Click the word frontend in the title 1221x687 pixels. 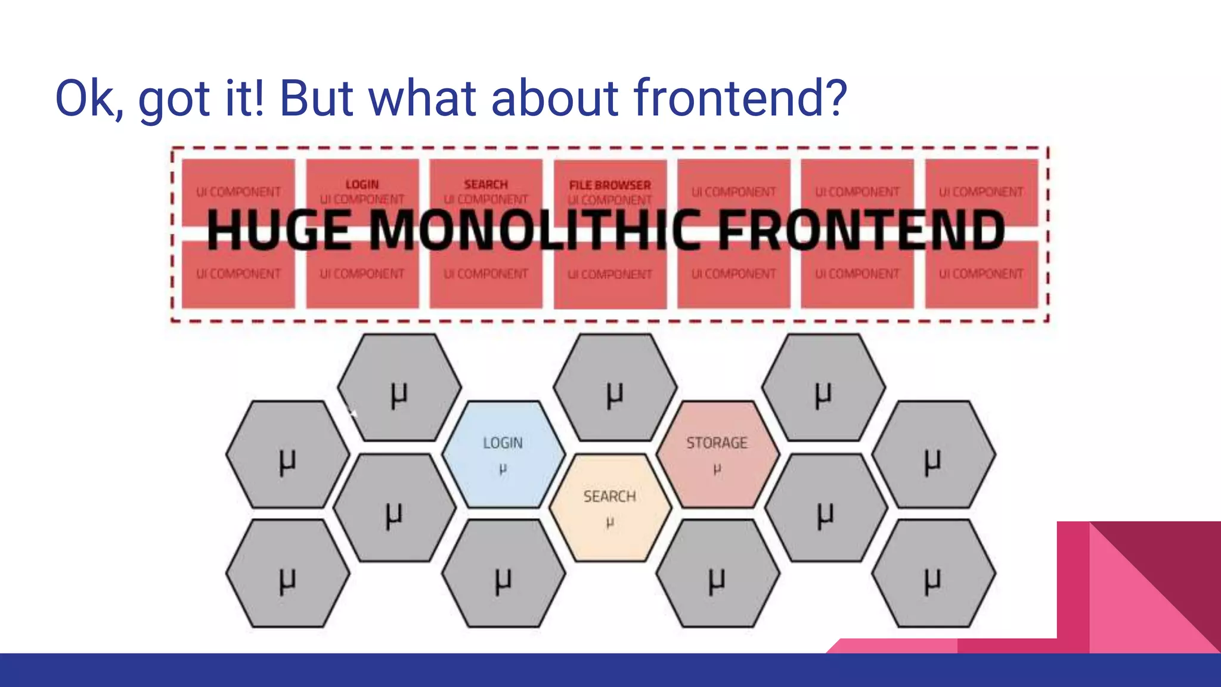pos(740,98)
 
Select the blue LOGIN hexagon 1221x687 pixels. pos(503,454)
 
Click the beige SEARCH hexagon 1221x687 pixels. pos(610,507)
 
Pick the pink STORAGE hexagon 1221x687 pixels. pos(717,454)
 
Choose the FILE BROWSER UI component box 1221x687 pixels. pos(610,190)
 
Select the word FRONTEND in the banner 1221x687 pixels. pos(861,231)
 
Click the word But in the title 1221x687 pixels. pos(316,98)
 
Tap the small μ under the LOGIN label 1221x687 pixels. pos(503,469)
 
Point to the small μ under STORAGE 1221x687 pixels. pos(717,469)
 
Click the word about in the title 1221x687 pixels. pos(554,98)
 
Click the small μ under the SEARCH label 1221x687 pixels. pos(609,523)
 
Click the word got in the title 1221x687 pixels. pos(173,99)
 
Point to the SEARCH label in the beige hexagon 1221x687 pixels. pos(609,496)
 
